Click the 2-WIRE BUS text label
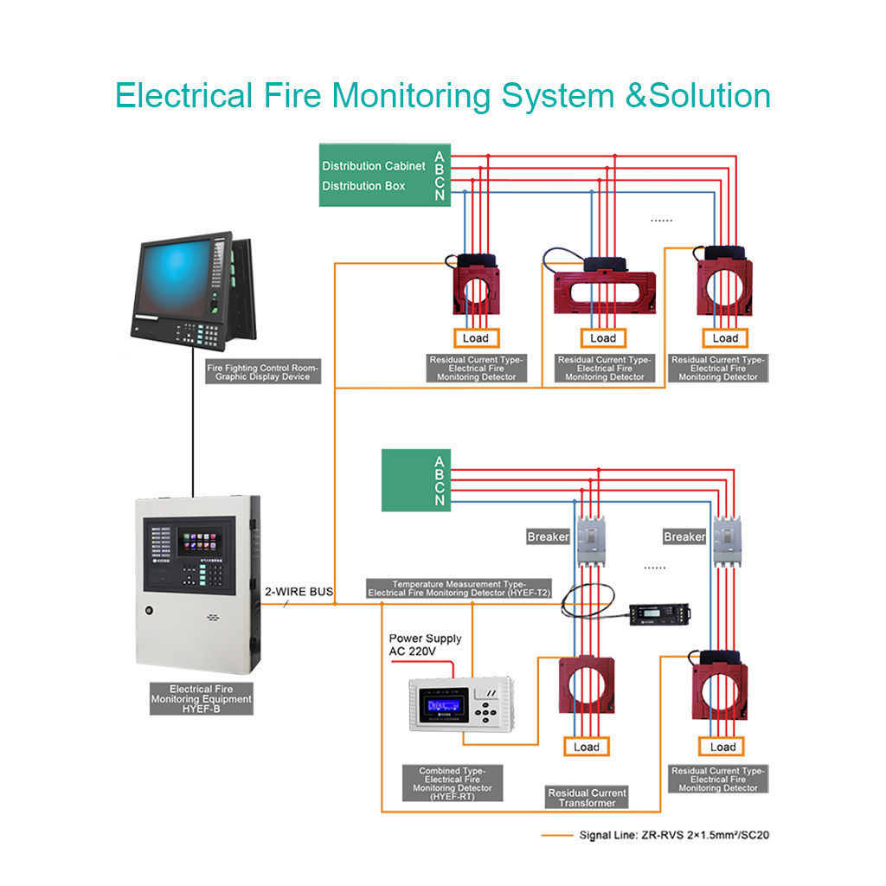[299, 592]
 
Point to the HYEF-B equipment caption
[202, 698]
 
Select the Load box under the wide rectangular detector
[603, 337]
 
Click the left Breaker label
[549, 537]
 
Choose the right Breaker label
[684, 537]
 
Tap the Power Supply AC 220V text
[425, 645]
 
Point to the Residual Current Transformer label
[587, 798]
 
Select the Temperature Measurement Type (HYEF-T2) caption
[459, 588]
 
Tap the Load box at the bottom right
[722, 747]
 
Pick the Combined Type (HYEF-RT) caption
[452, 783]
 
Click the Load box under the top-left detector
[475, 337]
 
